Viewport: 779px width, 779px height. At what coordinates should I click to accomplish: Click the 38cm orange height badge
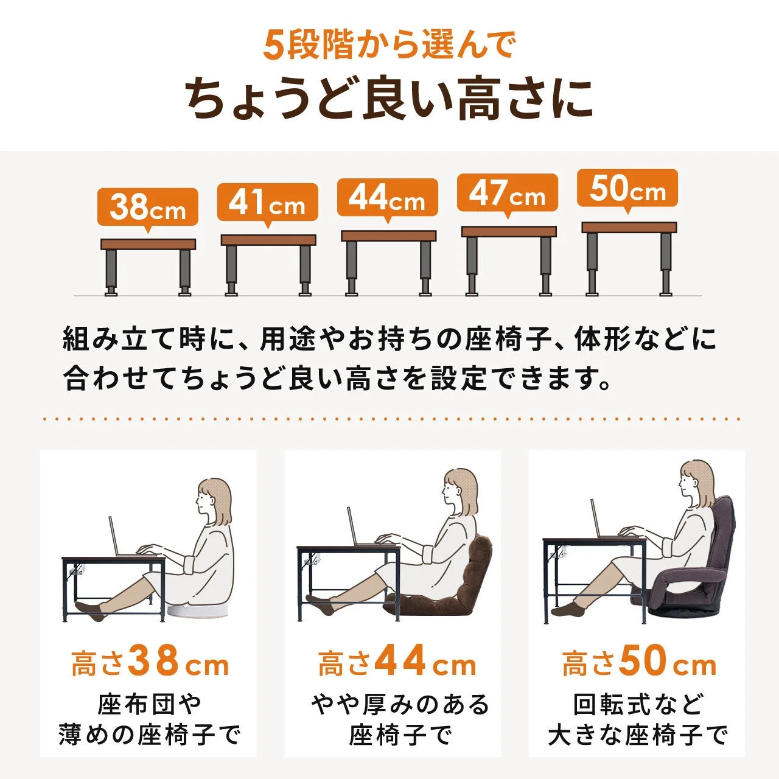point(148,207)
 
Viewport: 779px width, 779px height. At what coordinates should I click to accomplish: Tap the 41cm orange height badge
point(268,203)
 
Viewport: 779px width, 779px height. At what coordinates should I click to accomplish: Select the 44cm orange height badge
point(388,198)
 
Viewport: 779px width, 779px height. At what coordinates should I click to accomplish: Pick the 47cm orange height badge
point(508,194)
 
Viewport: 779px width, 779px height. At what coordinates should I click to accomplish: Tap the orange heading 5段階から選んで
point(389,45)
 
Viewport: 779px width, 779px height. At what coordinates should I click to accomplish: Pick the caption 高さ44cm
point(396,662)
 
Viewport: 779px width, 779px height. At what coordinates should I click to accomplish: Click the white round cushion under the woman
point(199,610)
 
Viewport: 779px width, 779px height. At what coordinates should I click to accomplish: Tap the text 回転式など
point(637,705)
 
